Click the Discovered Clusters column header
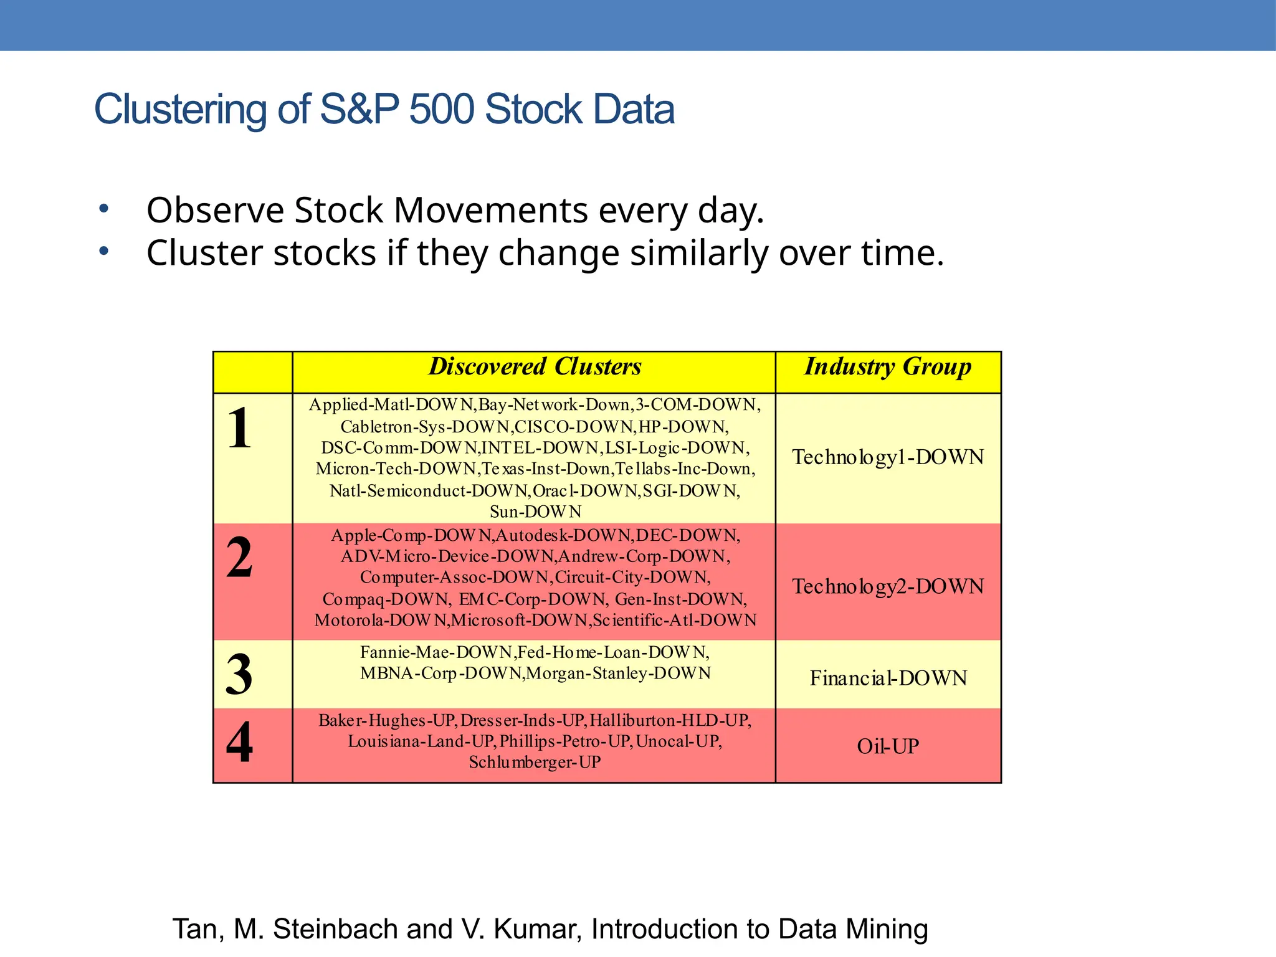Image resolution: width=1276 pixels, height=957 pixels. (535, 367)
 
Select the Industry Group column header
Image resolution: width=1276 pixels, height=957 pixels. (888, 367)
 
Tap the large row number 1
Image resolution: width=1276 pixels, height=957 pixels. (240, 428)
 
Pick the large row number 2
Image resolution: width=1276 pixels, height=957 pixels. (240, 558)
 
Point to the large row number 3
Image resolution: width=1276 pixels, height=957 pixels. (240, 675)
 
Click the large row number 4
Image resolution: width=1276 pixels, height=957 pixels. (240, 742)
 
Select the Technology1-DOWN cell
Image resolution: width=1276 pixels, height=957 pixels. (888, 457)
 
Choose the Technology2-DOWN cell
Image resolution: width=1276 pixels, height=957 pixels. (888, 587)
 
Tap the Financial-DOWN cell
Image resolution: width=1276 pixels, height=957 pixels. (888, 678)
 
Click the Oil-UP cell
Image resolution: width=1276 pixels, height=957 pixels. (888, 746)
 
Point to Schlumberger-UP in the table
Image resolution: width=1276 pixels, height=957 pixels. (535, 763)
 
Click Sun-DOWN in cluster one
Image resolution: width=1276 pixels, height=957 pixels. (535, 512)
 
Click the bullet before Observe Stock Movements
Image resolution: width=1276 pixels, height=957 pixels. (104, 209)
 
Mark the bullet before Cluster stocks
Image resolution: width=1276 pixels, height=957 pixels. (104, 252)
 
